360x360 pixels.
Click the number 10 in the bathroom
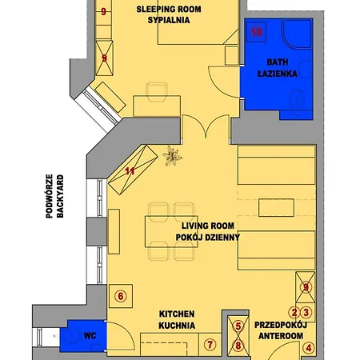(x=257, y=32)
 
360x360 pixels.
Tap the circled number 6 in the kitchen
(x=121, y=296)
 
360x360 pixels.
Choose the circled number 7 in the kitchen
(x=210, y=345)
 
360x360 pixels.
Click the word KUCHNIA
(x=177, y=326)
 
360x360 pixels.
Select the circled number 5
(x=237, y=326)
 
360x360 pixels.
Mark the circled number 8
(x=237, y=346)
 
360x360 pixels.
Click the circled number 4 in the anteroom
(x=309, y=348)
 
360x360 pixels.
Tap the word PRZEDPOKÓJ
(x=280, y=326)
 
